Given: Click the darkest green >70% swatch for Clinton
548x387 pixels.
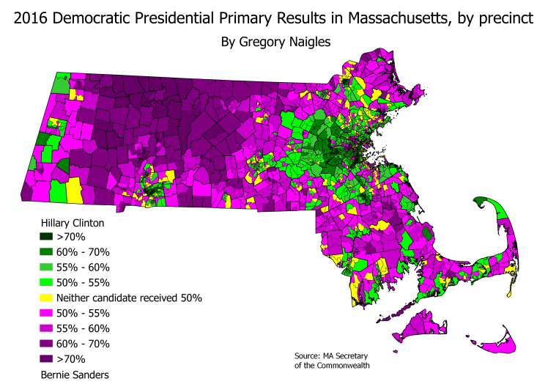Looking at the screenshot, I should [x=45, y=237].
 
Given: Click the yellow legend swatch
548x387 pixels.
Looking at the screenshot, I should [x=45, y=298].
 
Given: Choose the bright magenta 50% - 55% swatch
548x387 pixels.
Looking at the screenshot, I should [x=45, y=314].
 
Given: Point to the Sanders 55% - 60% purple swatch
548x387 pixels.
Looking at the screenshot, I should [x=45, y=329].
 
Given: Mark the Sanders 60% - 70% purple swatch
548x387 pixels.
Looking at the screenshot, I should [x=45, y=344].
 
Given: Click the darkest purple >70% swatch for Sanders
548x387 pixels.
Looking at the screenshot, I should [x=45, y=359].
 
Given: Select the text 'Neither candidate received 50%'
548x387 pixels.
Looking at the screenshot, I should [x=129, y=298].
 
